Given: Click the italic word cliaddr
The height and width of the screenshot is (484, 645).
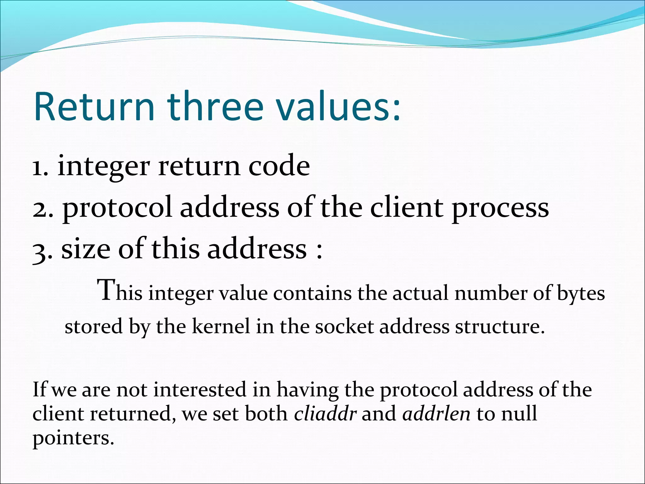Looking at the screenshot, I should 325,413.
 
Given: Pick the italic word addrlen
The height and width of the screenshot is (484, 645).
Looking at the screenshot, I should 436,413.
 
